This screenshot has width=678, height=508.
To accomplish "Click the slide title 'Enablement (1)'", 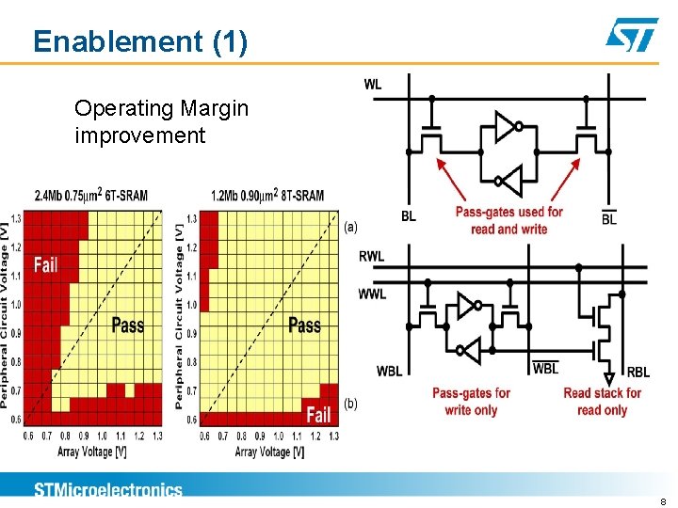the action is coord(140,41).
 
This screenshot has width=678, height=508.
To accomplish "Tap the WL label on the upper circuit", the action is coord(373,85).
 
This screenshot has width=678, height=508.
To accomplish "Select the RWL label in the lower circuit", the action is coord(373,256).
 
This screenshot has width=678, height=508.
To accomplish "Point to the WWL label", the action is coord(372,294).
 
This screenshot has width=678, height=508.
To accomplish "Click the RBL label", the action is coord(638,372).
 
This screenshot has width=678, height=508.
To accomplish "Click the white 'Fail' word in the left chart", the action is coord(45,264).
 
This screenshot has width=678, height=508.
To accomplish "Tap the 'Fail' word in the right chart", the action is coord(319,414).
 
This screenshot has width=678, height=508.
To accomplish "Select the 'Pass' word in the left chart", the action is coord(128,325).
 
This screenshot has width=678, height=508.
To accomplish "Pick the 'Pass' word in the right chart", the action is coord(304,325).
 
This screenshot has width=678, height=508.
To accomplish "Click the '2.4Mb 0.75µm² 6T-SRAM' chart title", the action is coord(91,196).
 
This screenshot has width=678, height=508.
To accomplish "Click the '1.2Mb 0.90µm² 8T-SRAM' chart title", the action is coord(267,196).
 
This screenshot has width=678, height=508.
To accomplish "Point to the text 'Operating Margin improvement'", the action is coord(161,121).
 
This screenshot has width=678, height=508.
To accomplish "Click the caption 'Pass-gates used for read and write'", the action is coord(508,220).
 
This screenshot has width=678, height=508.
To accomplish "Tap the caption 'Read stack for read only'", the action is coord(602,402).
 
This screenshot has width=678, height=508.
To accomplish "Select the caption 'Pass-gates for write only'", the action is coord(471,402).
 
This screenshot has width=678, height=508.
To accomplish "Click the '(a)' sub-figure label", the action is coord(350,227).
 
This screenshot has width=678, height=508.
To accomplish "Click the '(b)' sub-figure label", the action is coord(350,404).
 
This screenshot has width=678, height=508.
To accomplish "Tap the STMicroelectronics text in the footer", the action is coord(108,489).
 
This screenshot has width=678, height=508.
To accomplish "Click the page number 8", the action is coord(663,502).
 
